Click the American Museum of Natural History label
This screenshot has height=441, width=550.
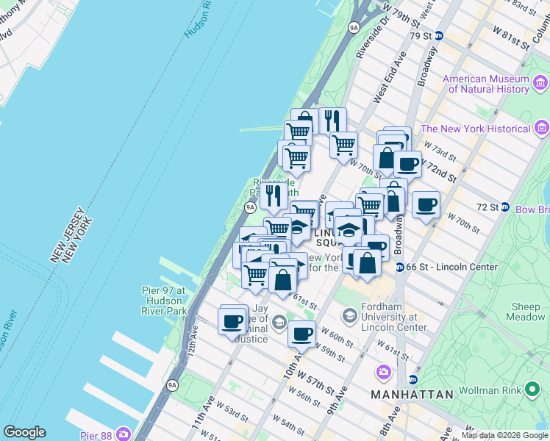tap(486, 84)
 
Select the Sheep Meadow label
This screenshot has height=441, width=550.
tap(526, 312)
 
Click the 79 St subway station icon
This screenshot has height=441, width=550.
tap(439, 35)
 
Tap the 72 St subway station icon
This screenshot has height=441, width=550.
tap(505, 207)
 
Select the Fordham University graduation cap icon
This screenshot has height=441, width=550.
tap(349, 316)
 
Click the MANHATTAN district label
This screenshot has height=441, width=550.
tap(412, 395)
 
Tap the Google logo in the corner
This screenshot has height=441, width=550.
tap(24, 432)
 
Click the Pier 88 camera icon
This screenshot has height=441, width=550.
tap(122, 434)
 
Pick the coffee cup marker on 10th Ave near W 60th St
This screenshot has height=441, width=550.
tap(301, 334)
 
